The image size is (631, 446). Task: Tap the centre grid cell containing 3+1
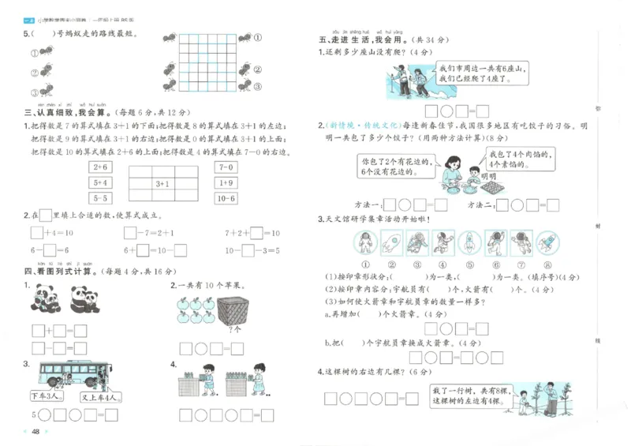pos(162,184)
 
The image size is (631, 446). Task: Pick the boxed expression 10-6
pos(226,198)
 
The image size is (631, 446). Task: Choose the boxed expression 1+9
pos(226,183)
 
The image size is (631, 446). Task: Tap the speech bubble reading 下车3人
pos(44,395)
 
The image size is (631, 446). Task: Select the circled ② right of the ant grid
pos(259,67)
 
